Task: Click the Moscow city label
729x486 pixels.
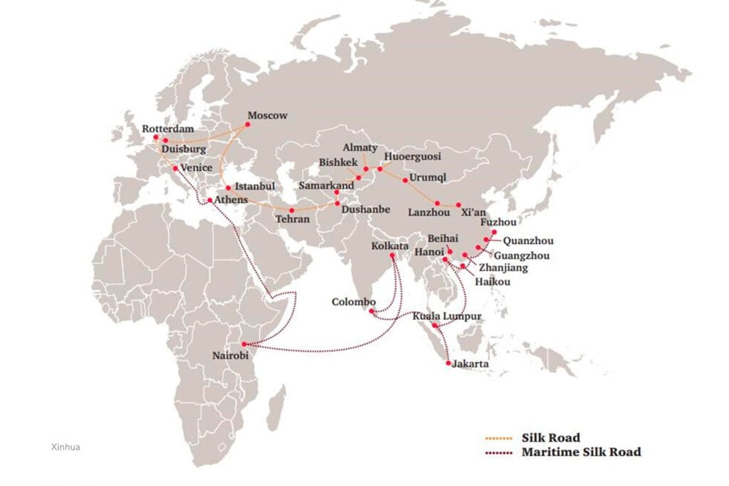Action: click(x=267, y=115)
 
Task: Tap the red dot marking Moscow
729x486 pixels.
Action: click(x=248, y=124)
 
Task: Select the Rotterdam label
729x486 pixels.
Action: click(x=168, y=129)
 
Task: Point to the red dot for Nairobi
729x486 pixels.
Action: click(x=243, y=344)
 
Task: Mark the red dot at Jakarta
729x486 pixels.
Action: click(x=448, y=364)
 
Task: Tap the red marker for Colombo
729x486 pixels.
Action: click(x=372, y=311)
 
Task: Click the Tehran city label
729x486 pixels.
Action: click(x=293, y=219)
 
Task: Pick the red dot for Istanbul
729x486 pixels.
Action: click(x=228, y=188)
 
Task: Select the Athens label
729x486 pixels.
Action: click(x=231, y=200)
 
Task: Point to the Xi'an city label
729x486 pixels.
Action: click(x=473, y=212)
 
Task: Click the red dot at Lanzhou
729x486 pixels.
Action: click(x=437, y=203)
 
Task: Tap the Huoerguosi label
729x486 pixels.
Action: click(x=412, y=156)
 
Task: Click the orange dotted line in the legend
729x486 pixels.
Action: click(x=499, y=438)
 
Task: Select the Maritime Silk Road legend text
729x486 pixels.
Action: click(x=581, y=452)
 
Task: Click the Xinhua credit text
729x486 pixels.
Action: click(x=66, y=447)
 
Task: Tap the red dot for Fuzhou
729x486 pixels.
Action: click(x=494, y=232)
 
